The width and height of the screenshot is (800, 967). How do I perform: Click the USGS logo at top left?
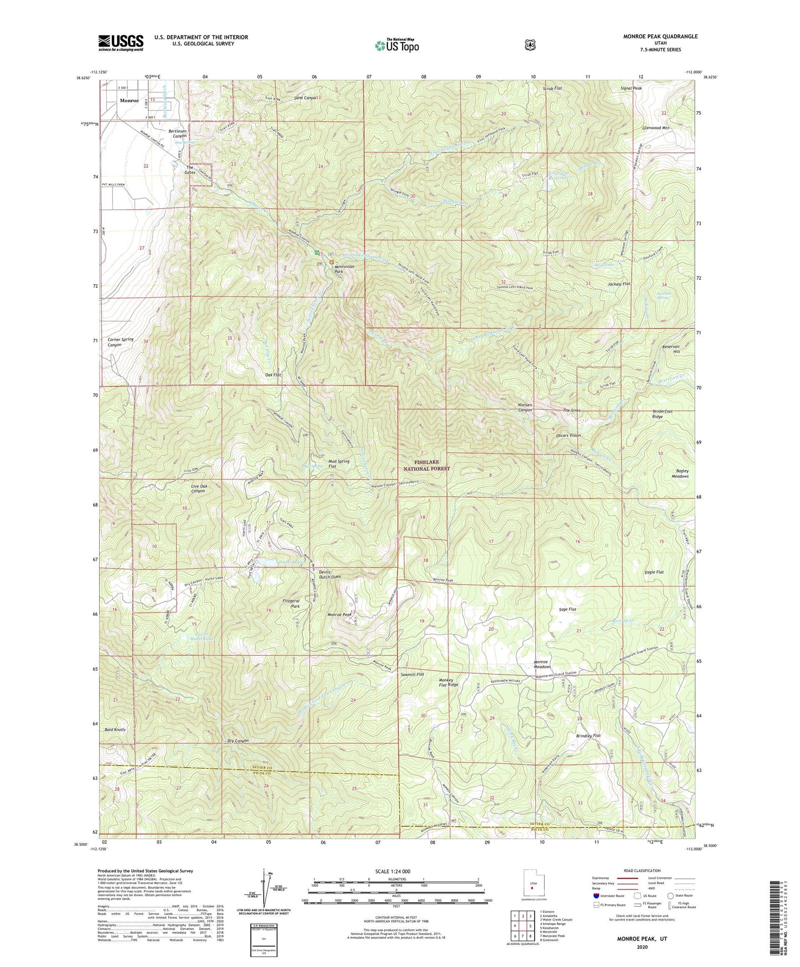click(121, 43)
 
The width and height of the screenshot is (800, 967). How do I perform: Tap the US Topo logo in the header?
click(396, 45)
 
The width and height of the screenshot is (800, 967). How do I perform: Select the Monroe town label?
click(130, 101)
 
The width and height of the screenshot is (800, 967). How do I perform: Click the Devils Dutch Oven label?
click(329, 574)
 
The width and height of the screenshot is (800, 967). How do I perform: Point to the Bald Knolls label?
click(115, 729)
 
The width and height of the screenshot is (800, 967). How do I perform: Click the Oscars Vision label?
click(569, 435)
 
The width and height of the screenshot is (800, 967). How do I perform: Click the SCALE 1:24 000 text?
click(393, 872)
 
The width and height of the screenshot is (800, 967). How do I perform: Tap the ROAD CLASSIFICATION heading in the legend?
click(642, 871)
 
